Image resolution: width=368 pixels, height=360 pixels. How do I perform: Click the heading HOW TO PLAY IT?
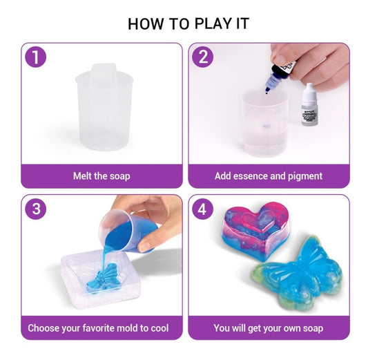pyautogui.click(x=188, y=23)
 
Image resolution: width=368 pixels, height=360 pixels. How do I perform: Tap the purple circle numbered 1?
pyautogui.click(x=36, y=57)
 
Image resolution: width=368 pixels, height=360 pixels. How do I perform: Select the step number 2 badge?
pyautogui.click(x=203, y=57)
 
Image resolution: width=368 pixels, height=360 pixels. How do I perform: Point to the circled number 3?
pyautogui.click(x=36, y=209)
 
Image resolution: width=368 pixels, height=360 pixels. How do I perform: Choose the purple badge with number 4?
pyautogui.click(x=203, y=209)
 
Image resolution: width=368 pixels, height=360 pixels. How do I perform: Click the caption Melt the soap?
pyautogui.click(x=101, y=176)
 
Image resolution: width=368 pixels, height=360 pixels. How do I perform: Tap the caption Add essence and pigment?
pyautogui.click(x=269, y=176)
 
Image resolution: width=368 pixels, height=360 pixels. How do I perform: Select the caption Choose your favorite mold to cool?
pyautogui.click(x=98, y=328)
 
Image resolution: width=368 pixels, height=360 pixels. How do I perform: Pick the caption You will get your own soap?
pyautogui.click(x=269, y=328)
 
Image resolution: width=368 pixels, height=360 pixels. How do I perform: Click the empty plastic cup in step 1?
pyautogui.click(x=104, y=108)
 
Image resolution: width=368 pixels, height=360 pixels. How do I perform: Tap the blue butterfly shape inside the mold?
pyautogui.click(x=106, y=278)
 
